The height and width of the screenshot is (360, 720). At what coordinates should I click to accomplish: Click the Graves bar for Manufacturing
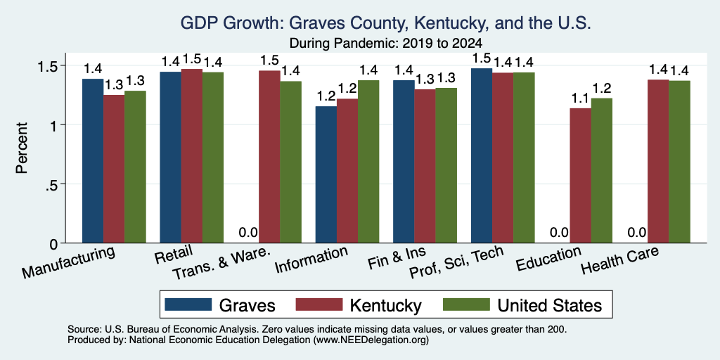coord(93,161)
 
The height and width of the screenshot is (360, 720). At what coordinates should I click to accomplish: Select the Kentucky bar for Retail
coord(191,156)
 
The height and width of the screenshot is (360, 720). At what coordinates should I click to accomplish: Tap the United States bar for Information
coord(368,162)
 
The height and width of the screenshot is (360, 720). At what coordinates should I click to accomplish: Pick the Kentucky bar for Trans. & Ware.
coord(269,157)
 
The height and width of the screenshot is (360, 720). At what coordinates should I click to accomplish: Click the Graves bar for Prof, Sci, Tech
coord(482,155)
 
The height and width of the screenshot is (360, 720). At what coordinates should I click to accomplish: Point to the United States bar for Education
coord(602,170)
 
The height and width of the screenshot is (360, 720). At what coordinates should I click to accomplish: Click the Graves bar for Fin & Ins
coord(404,162)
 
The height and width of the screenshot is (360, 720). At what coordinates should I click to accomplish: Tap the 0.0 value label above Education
coord(559,232)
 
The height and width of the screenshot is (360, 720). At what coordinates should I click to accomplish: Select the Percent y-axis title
coord(22,148)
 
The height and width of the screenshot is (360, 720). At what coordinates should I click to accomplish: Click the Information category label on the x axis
coord(311,260)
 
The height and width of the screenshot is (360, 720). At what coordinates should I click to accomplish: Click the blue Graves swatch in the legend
coord(188,304)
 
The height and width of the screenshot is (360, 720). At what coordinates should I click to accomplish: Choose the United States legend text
coord(550,305)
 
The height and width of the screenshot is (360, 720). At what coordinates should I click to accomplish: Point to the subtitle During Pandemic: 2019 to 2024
coord(385,44)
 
